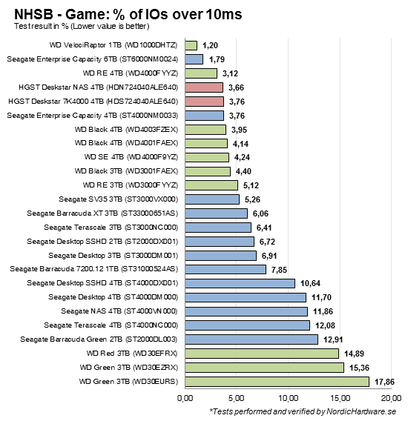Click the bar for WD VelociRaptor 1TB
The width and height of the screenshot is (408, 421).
tap(190, 45)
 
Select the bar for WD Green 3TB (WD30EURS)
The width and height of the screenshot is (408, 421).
tap(276, 381)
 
